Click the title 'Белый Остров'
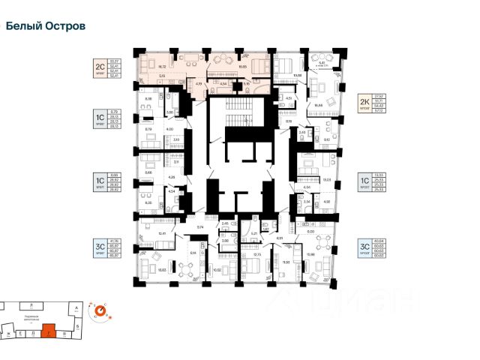[x=45, y=25]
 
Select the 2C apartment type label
[x=98, y=65]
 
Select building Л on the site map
[x=30, y=305]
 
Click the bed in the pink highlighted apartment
[x=258, y=66]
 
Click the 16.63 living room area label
[x=160, y=268]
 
